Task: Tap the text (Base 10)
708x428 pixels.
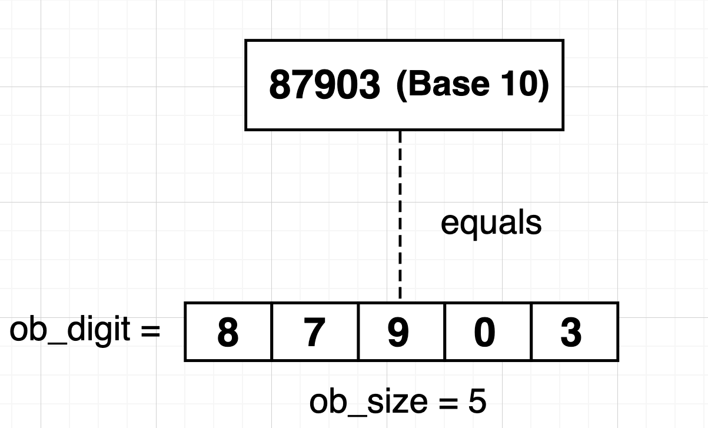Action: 473,84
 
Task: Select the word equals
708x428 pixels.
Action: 491,223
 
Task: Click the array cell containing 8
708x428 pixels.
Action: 228,331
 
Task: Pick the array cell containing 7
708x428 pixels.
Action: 314,331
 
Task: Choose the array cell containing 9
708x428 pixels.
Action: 401,331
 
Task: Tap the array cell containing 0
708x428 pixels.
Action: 487,331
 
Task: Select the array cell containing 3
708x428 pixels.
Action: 573,331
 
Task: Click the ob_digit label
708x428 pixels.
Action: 70,330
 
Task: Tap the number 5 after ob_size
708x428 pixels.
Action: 477,402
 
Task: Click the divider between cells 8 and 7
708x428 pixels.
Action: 271,331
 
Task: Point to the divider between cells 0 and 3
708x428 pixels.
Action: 531,331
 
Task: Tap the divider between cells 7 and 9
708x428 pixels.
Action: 358,331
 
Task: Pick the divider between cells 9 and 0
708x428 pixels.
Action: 444,331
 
